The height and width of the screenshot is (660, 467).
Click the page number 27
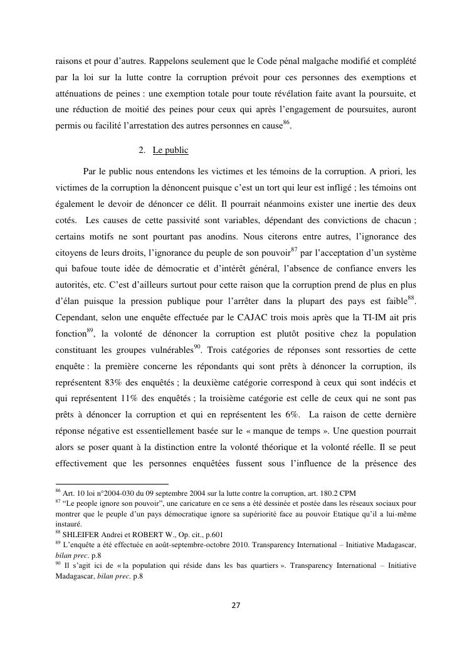[x=236, y=605]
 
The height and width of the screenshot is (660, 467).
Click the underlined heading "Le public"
[x=171, y=151]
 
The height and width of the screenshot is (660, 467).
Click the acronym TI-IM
[x=365, y=318]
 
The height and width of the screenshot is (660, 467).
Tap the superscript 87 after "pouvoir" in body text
[x=293, y=249]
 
